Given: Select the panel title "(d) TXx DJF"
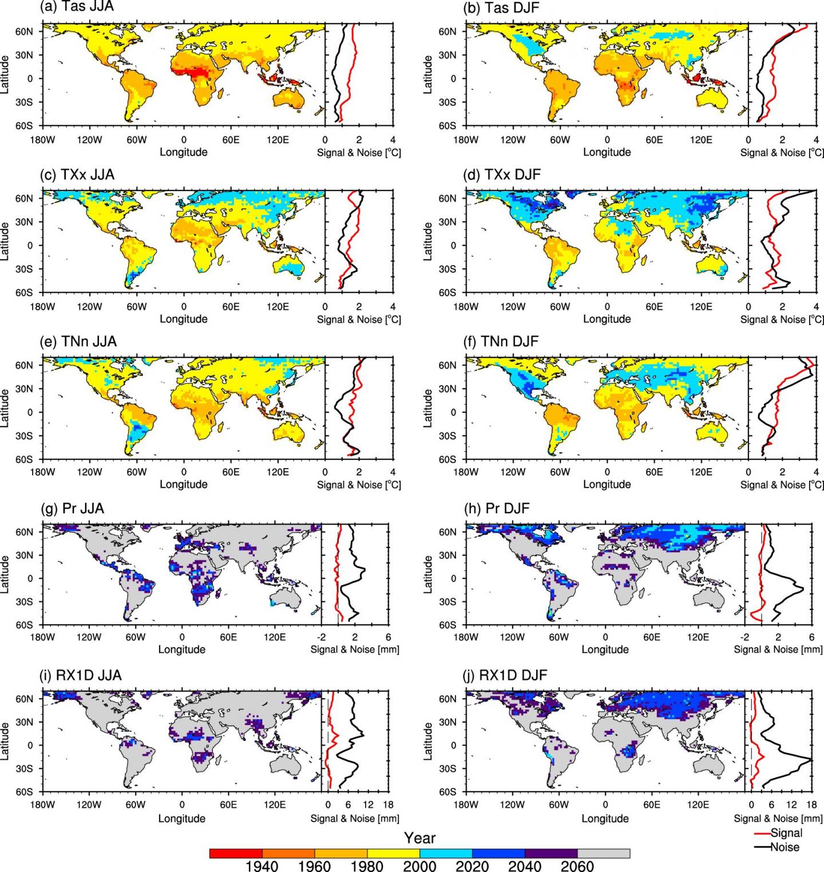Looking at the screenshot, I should coord(501,175).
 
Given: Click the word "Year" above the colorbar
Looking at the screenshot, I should coord(419,838).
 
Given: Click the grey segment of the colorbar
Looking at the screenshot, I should coord(604,854).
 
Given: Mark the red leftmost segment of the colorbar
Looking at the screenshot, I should coord(236,854).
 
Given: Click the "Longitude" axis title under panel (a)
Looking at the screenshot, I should coord(183,152).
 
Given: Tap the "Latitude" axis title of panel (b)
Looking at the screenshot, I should coord(428,74).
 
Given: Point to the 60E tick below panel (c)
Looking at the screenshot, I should coord(231,307).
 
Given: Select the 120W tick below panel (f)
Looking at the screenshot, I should coord(513,472).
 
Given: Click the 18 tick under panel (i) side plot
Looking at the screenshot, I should coord(388,805).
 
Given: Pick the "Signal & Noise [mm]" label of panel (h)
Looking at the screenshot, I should coord(778,649).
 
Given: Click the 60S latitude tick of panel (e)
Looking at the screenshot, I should coord(24,459).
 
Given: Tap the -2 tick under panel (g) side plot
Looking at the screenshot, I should coord(322,637).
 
